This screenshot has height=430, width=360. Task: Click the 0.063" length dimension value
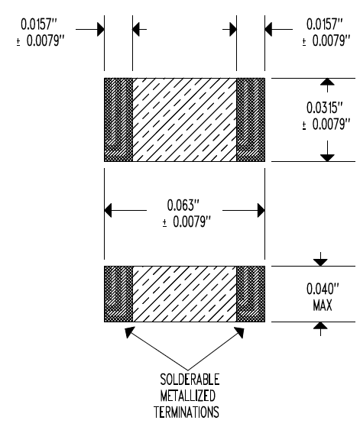pyautogui.click(x=183, y=205)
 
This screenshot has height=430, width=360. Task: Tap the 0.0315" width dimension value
pyautogui.click(x=325, y=108)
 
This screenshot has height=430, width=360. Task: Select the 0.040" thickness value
pyautogui.click(x=323, y=289)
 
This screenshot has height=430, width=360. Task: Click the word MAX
pyautogui.click(x=323, y=306)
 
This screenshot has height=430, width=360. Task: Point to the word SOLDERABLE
pyautogui.click(x=190, y=380)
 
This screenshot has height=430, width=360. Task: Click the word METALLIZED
pyautogui.click(x=188, y=396)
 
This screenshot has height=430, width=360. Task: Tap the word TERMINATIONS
pyautogui.click(x=186, y=412)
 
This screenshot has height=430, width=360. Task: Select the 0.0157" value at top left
pyautogui.click(x=39, y=24)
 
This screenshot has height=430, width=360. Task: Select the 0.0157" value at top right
pyautogui.click(x=325, y=24)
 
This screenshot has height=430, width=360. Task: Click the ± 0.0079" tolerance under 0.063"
pyautogui.click(x=186, y=221)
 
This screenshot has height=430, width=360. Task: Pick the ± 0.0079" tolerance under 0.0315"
pyautogui.click(x=326, y=124)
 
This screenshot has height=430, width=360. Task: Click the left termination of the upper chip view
pyautogui.click(x=118, y=120)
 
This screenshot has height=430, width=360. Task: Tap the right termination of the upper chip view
pyautogui.click(x=251, y=120)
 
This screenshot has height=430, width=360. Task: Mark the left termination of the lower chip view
pyautogui.click(x=118, y=294)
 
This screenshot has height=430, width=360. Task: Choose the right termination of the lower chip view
pyautogui.click(x=251, y=294)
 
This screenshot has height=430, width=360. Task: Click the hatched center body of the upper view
pyautogui.click(x=185, y=120)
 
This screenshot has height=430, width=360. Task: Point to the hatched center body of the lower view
pyautogui.click(x=185, y=294)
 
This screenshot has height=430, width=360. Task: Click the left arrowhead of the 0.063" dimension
pyautogui.click(x=108, y=211)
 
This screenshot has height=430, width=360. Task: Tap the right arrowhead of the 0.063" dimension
pyautogui.click(x=261, y=211)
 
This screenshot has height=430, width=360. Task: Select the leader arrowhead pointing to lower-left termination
pyautogui.click(x=129, y=331)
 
